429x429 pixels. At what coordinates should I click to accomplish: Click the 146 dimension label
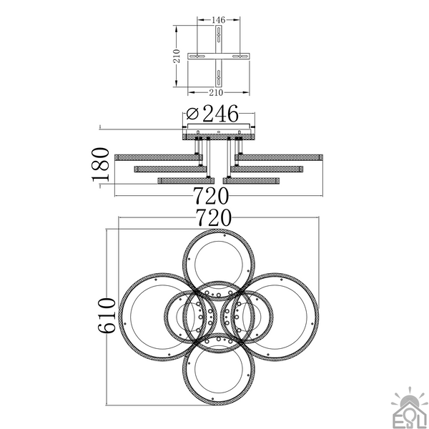219,20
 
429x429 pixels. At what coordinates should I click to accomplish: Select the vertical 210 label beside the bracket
177,56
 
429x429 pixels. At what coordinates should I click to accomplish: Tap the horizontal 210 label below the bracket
216,92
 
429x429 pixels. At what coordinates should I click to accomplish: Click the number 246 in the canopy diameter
220,113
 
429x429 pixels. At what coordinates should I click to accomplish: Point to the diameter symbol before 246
192,114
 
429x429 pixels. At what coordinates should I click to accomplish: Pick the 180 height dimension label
100,164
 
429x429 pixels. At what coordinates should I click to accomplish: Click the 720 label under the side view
211,196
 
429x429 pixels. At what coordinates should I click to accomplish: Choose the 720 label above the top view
214,218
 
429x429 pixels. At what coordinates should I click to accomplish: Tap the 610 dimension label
107,315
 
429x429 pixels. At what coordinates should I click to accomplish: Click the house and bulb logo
410,408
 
